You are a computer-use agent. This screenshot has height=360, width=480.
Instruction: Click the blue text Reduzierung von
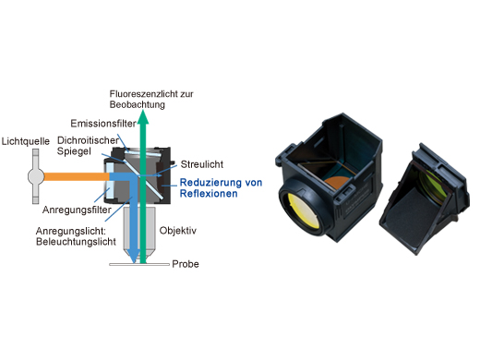point(222,182)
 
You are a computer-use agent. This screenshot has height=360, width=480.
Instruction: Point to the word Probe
point(186,263)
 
